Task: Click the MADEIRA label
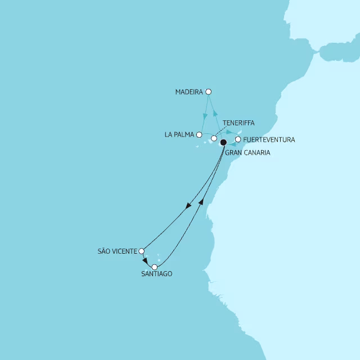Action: (190, 92)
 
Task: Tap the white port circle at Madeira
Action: (209, 92)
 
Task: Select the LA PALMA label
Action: (179, 135)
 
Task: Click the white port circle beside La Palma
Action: (199, 135)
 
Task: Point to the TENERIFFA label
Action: (238, 123)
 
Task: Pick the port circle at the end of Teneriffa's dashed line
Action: (214, 138)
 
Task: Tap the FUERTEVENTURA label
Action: (269, 139)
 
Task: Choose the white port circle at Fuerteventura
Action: (238, 139)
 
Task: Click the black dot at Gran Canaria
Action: (223, 142)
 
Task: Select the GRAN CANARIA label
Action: (247, 152)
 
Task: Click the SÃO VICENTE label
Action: (118, 251)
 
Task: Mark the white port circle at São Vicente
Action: (142, 251)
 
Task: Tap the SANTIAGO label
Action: (157, 274)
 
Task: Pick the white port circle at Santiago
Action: (155, 267)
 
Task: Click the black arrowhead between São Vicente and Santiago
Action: (146, 261)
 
